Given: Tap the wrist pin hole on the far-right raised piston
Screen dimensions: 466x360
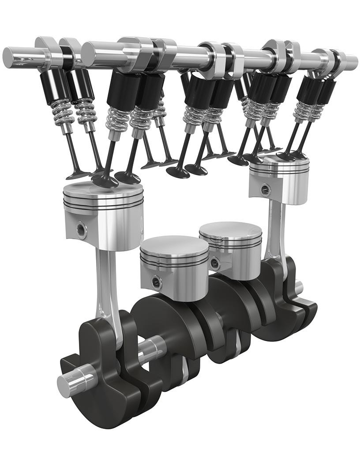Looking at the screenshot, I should coord(264,190).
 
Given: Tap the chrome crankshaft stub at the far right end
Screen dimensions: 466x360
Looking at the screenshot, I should coord(299,287).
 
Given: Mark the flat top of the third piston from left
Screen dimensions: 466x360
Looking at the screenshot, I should coord(230,229).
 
